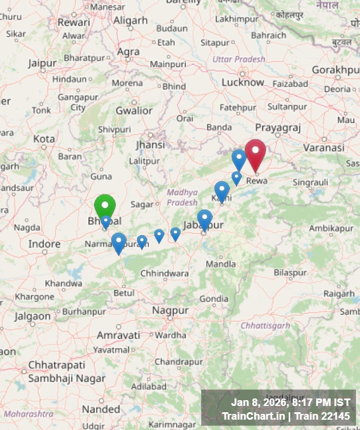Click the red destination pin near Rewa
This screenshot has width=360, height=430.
(255, 152)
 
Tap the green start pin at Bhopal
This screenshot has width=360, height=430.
(105, 206)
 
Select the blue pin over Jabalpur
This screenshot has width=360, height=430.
(205, 219)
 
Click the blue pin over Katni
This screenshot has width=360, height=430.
(222, 190)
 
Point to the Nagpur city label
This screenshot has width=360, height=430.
(170, 310)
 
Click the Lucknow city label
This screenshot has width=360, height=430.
(243, 82)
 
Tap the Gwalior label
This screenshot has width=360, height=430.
(134, 111)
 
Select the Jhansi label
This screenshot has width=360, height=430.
(150, 144)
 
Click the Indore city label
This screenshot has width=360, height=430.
(44, 244)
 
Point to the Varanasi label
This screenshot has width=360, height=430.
(324, 147)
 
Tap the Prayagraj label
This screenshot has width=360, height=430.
(278, 127)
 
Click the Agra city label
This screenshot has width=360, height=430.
(128, 52)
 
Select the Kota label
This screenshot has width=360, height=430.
(44, 139)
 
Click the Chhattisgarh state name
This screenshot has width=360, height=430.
(265, 326)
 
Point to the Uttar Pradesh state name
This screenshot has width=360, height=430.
(239, 59)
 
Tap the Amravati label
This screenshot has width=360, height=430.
(118, 335)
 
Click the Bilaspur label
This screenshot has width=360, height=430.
(290, 273)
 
